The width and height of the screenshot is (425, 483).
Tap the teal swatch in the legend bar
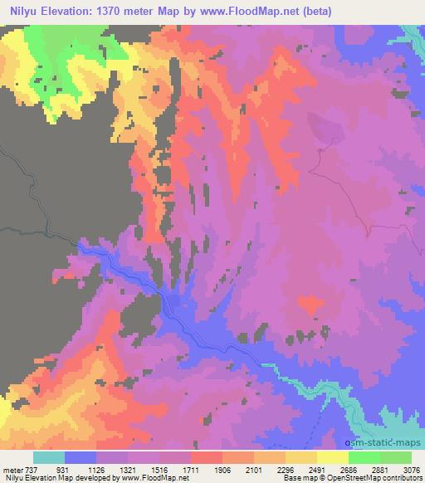tap(49, 457)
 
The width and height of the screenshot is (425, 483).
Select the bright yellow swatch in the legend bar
tap(333, 457)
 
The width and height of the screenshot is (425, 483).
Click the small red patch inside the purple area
tap(309, 305)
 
